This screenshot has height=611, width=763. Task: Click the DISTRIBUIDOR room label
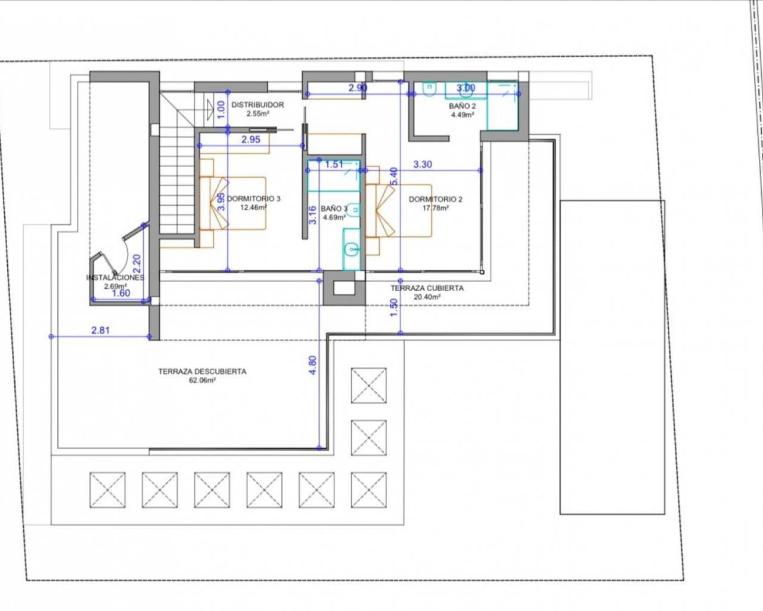tap(258, 105)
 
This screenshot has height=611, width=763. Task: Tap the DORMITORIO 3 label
tap(253, 199)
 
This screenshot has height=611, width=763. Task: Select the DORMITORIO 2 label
tap(435, 199)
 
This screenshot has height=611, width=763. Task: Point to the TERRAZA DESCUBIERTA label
tap(202, 371)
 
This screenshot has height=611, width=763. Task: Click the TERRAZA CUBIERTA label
tap(427, 288)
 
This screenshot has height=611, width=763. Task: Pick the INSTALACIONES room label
tap(115, 277)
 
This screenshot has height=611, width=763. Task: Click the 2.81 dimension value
tap(100, 330)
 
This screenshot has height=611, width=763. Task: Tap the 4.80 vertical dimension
tap(313, 365)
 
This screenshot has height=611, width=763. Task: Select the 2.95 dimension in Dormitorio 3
tap(251, 140)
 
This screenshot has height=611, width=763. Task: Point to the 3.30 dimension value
tap(423, 164)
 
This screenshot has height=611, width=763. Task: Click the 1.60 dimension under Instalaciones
tap(121, 293)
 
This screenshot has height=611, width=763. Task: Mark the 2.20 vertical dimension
tap(137, 263)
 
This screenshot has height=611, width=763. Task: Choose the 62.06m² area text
tap(203, 380)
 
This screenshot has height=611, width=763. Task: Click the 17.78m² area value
tap(435, 208)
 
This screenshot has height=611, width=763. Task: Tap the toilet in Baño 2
tap(430, 89)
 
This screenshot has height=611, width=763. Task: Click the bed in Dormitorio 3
tap(232, 203)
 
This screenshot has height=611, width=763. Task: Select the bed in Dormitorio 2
tap(399, 211)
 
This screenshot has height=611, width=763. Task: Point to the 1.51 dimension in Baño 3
tap(334, 164)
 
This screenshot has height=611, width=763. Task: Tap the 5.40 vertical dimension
tap(393, 176)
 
